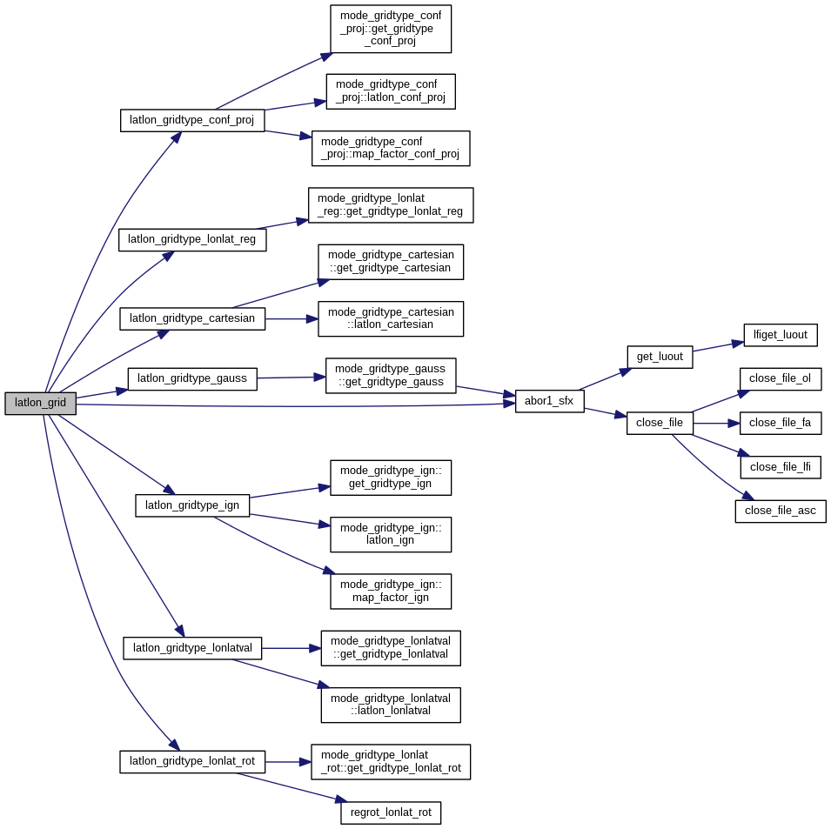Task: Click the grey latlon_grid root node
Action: coord(40,403)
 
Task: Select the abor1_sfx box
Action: coord(549,401)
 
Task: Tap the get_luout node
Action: coord(660,357)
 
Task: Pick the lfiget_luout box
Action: coord(780,335)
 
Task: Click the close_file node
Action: coord(660,424)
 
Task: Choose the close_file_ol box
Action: coord(780,379)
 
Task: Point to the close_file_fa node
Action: coord(780,424)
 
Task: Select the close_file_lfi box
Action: coord(780,467)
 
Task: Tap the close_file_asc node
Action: coord(780,511)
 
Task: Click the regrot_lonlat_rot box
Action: coord(390,812)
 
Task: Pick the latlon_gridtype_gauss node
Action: coord(192,378)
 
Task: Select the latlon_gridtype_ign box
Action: coord(192,505)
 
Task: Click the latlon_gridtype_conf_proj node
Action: coord(192,120)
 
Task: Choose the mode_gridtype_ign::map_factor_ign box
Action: coord(390,591)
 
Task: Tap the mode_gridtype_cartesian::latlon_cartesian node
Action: coord(390,318)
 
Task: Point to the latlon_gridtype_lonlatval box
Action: coord(192,648)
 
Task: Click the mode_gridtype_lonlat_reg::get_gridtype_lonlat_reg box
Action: coord(390,204)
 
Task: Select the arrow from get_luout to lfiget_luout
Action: coord(718,346)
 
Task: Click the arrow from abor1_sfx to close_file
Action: coord(605,412)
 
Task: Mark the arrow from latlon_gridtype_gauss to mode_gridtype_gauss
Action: coord(291,378)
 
